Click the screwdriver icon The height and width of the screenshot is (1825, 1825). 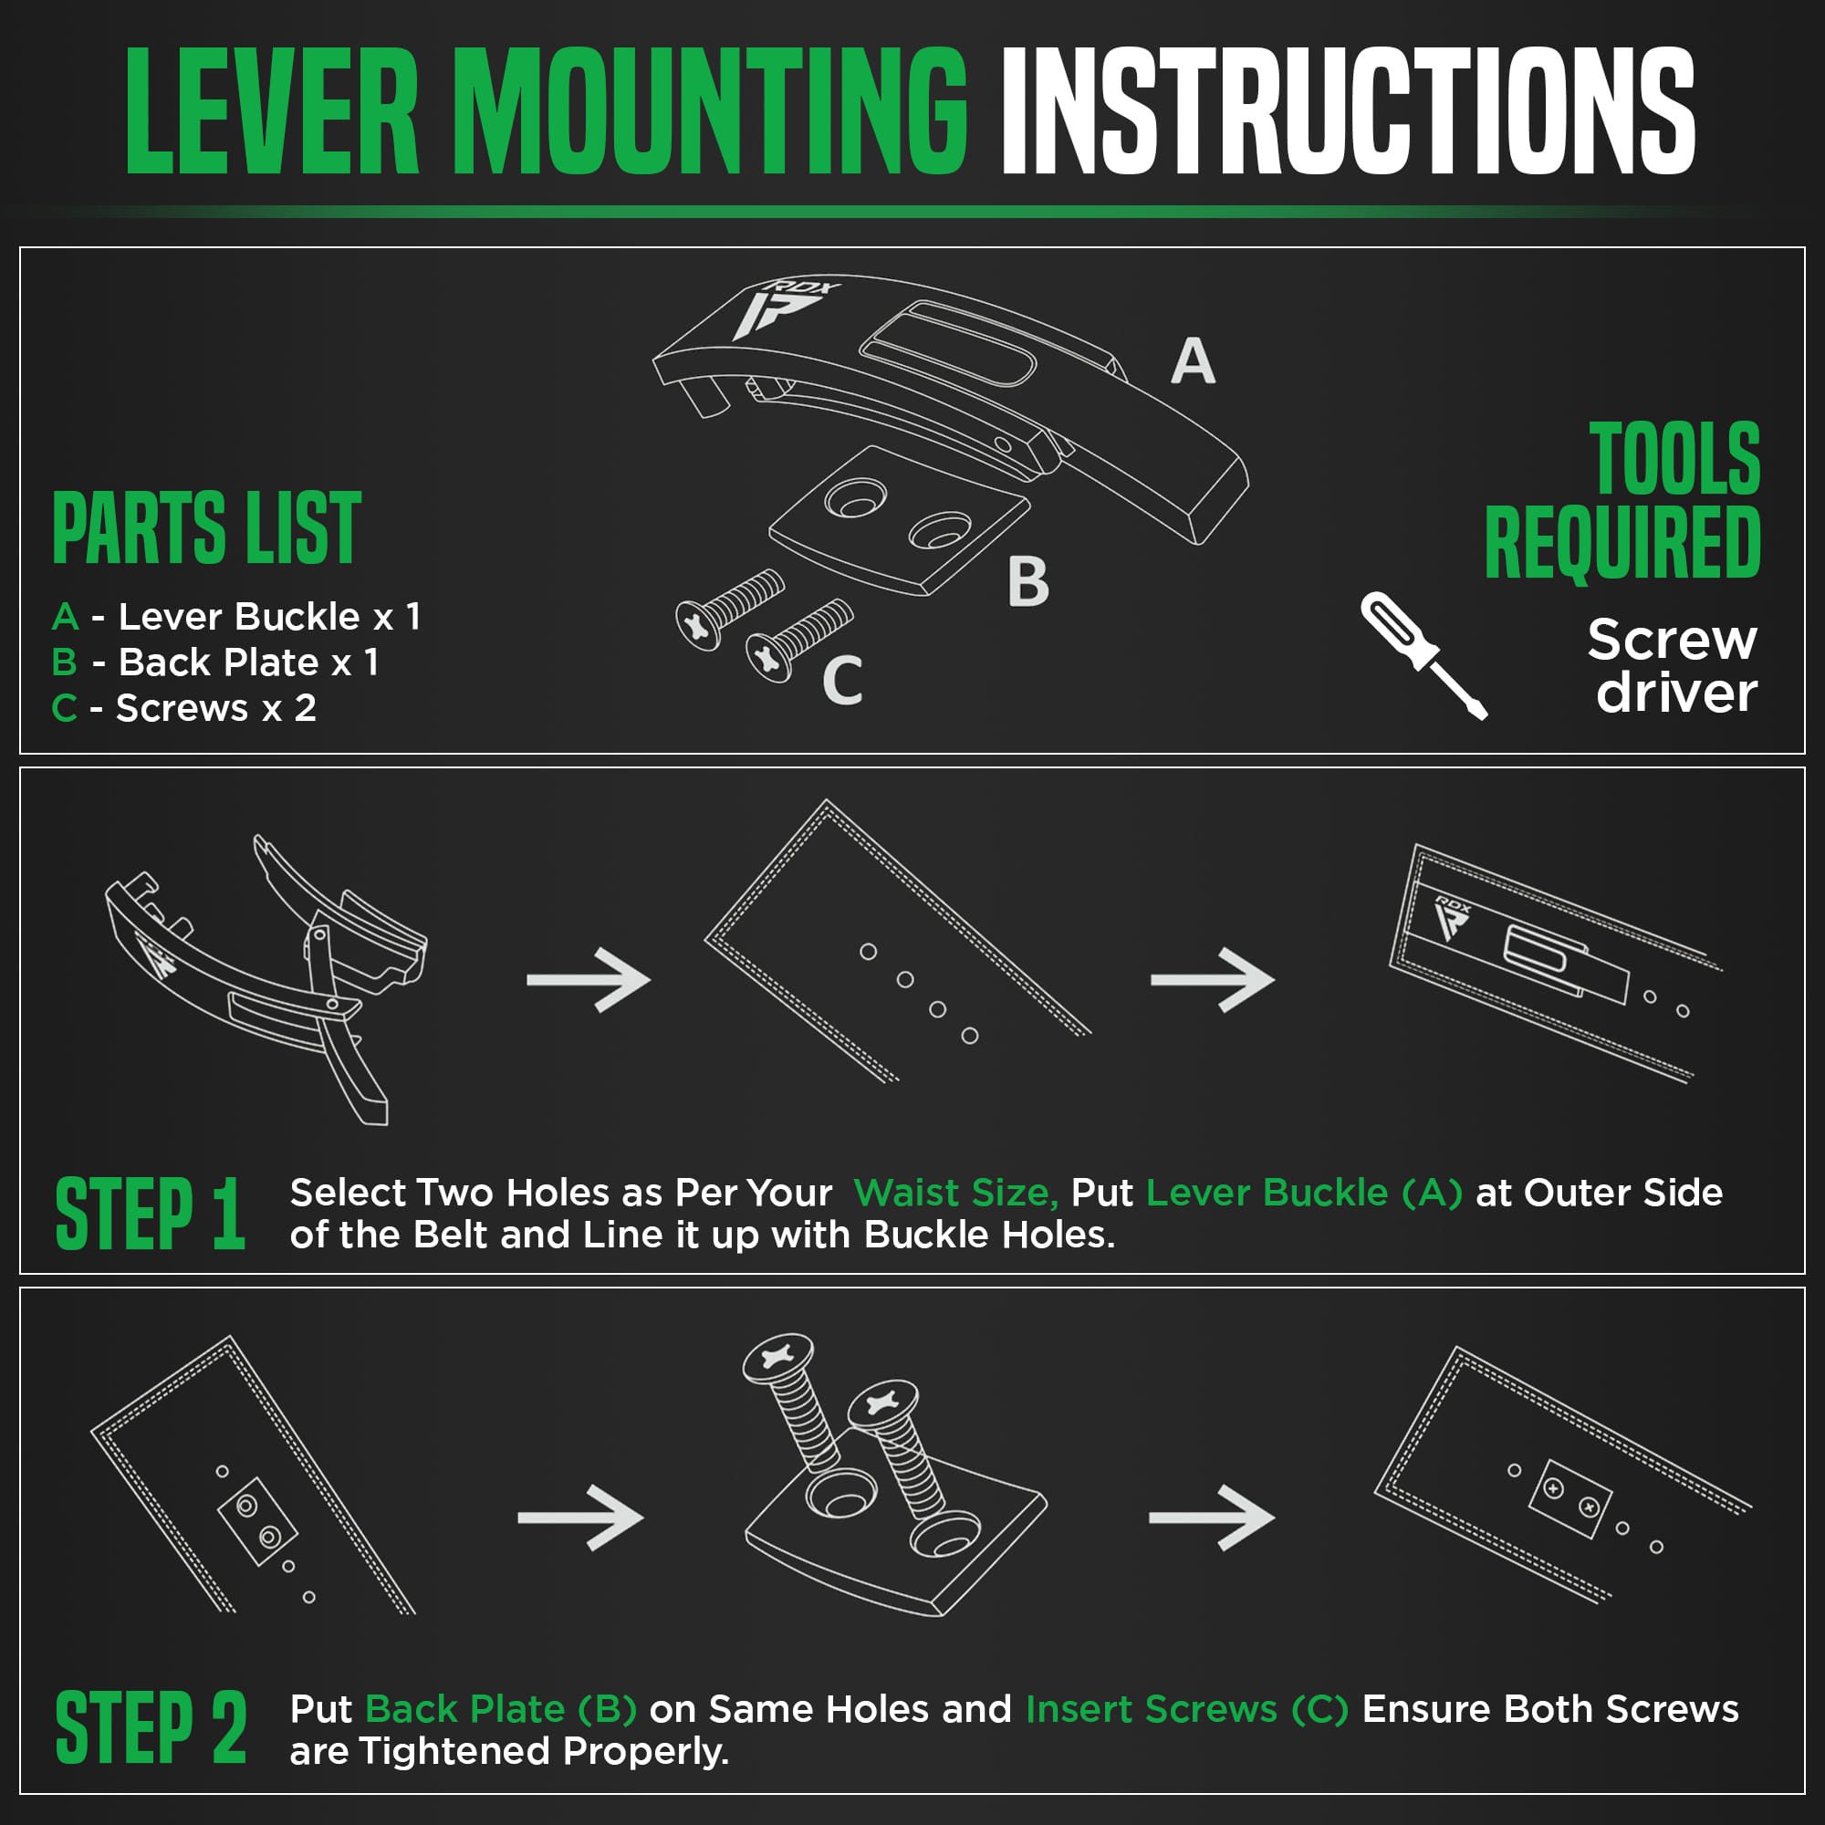[x=1423, y=655]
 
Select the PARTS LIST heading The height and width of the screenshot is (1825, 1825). [x=207, y=528]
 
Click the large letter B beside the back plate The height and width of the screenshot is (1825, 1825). [x=1028, y=582]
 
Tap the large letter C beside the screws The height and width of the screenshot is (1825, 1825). [x=842, y=680]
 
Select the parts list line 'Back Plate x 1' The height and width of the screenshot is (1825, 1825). [x=215, y=662]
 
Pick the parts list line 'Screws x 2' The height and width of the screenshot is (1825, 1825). [x=184, y=707]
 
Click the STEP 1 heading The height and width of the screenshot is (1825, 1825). [x=151, y=1214]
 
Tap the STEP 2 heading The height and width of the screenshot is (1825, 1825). [x=151, y=1728]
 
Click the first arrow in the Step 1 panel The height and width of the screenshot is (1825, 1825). [x=589, y=979]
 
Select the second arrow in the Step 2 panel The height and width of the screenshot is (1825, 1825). [x=1212, y=1517]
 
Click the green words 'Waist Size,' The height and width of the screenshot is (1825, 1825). [x=956, y=1193]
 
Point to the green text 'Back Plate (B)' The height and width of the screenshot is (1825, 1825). [x=501, y=1709]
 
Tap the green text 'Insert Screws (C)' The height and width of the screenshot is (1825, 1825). [x=1187, y=1709]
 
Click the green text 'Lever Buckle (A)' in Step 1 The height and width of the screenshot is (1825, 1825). [x=1305, y=1193]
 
